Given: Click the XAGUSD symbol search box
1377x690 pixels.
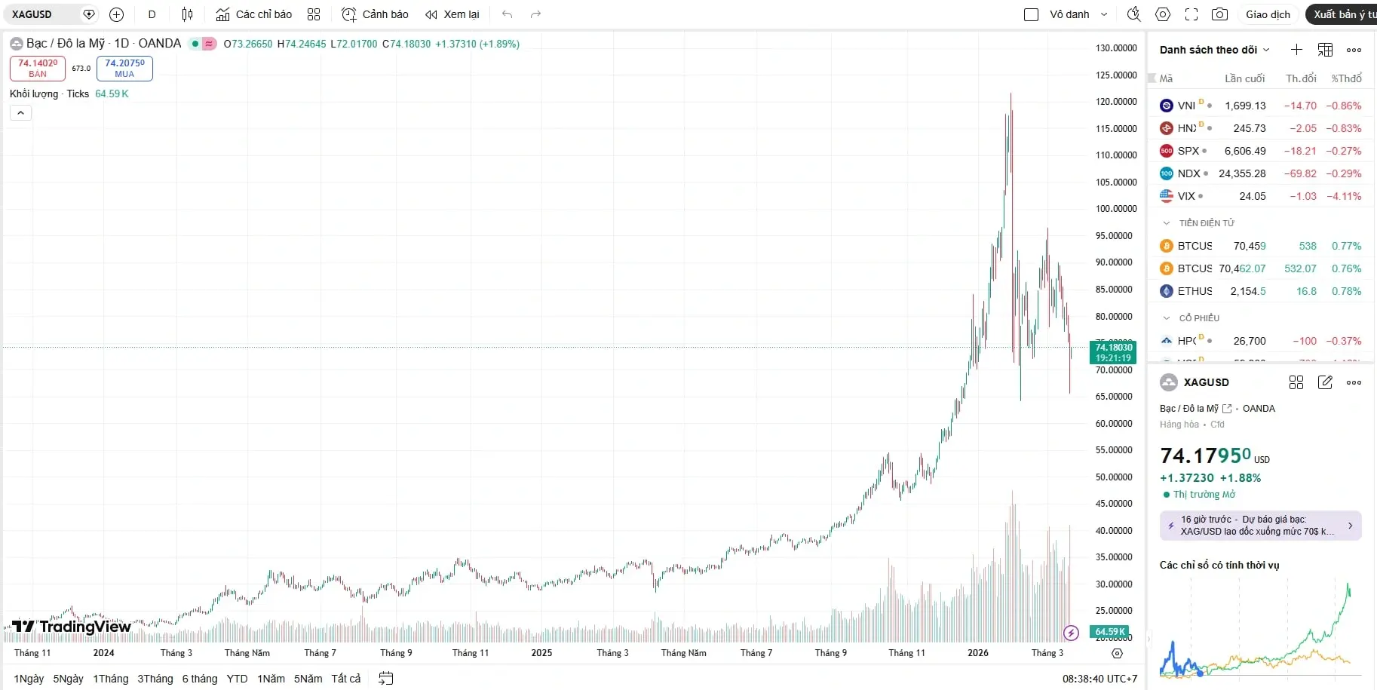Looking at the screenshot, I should [41, 14].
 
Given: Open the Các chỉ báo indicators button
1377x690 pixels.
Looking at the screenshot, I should [254, 14].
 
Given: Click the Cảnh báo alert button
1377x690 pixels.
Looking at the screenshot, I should [375, 14].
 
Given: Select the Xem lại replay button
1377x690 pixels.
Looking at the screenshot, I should [452, 14].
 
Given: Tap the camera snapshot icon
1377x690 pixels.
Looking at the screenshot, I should [1219, 14].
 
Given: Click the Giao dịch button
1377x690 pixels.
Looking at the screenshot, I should [1268, 14].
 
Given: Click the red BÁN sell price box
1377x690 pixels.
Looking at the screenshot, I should [38, 68].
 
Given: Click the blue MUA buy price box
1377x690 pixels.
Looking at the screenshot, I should [124, 68].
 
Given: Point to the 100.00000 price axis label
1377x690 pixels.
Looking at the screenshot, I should [1116, 209].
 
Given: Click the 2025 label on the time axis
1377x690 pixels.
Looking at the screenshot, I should [541, 653].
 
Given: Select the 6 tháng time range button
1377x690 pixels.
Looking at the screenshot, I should [199, 679].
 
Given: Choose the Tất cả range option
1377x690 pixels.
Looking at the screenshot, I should [345, 679].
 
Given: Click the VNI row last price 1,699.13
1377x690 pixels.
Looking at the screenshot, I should [1245, 106].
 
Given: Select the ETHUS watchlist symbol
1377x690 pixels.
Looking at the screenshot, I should [1195, 291].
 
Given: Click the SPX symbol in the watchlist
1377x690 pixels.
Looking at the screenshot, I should [1188, 151].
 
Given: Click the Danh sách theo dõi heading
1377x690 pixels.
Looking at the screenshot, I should [1208, 50].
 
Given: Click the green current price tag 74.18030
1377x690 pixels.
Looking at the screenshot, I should [1113, 352].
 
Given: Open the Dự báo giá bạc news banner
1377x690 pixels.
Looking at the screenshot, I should [1260, 526].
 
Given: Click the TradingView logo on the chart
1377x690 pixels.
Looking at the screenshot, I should [72, 626].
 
